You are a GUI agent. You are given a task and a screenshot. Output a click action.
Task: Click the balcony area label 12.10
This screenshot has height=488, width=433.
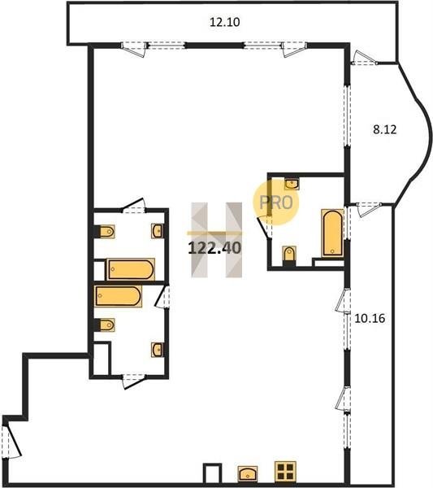tap(224, 23)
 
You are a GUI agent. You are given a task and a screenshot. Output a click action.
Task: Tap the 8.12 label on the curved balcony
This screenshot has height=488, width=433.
tap(385, 129)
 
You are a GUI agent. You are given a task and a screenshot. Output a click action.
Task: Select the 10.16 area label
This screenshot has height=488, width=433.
tap(370, 318)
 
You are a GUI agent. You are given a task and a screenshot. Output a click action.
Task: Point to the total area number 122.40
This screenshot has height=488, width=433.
tap(214, 248)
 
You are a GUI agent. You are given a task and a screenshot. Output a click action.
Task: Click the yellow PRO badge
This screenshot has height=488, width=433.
tap(276, 203)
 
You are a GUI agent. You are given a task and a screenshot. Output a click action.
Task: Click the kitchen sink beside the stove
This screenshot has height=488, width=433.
tap(248, 473)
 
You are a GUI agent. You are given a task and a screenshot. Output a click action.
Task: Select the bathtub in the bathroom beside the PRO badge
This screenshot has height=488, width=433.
tap(332, 233)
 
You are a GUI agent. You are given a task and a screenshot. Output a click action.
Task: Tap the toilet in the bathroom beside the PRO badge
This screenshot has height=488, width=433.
tap(289, 255)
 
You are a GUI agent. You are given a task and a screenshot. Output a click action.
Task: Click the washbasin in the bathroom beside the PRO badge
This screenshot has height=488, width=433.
tap(292, 184)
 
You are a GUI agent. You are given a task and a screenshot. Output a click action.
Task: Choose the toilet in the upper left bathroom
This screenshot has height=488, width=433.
tap(105, 232)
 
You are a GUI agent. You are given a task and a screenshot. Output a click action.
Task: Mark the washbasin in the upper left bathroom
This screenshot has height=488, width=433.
tap(158, 231)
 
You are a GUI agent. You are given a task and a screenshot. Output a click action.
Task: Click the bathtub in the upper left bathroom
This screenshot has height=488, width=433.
tap(131, 269)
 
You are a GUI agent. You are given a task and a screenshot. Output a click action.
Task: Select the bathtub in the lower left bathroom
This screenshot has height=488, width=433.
tap(118, 296)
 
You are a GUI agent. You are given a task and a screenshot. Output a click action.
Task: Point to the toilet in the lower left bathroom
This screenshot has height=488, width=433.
tap(105, 325)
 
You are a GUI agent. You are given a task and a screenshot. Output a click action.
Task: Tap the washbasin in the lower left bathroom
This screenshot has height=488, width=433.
tap(158, 350)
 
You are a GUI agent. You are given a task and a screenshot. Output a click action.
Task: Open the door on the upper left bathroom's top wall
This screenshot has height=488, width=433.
tap(134, 206)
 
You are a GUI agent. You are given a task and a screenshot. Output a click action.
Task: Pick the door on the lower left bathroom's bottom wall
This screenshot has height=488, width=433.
tap(134, 381)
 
